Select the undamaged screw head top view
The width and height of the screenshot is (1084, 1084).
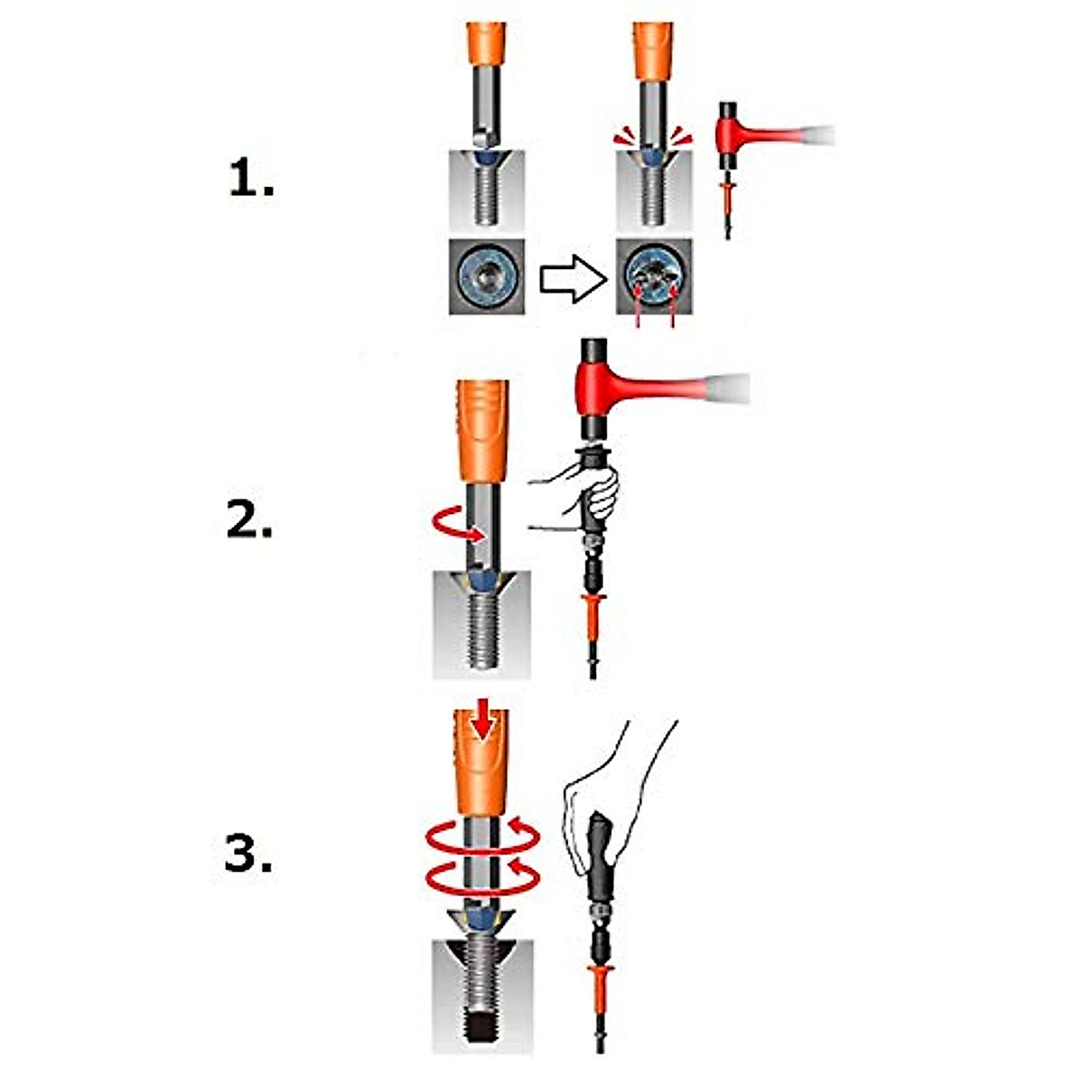tap(486, 276)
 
